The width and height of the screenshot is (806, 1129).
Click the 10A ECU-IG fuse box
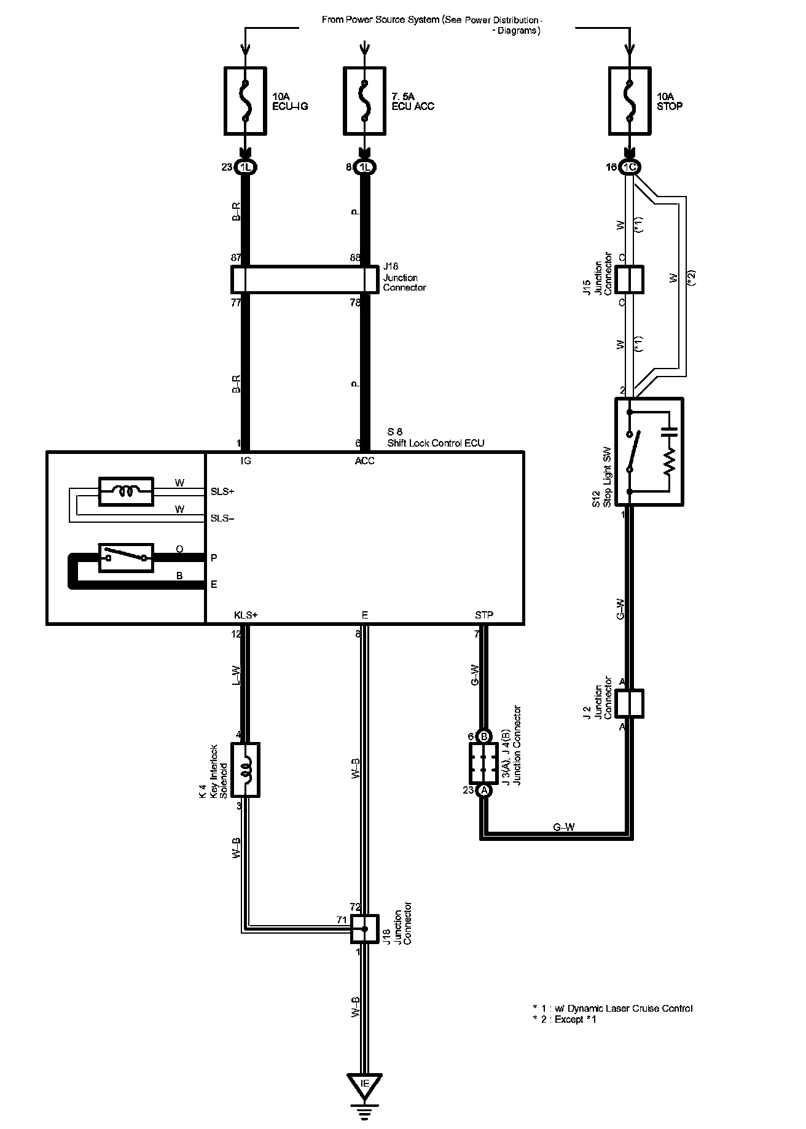246,100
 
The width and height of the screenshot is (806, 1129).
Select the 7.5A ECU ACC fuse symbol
365,100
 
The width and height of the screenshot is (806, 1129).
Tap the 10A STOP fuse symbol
628,100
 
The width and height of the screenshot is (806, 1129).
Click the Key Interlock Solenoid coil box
246,770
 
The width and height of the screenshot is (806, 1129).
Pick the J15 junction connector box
629,280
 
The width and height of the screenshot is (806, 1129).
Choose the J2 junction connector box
629,703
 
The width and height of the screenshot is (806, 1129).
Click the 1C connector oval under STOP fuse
629,167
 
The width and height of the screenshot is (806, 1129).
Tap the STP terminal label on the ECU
484,615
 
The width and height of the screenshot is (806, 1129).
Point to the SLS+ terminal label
222,491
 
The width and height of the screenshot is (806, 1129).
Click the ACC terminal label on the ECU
365,461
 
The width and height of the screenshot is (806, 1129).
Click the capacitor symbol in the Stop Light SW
670,428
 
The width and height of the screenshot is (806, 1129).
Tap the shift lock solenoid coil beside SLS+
126,491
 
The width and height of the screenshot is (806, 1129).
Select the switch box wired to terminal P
126,558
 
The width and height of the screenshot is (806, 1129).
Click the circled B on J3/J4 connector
484,736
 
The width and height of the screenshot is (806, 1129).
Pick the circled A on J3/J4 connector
484,791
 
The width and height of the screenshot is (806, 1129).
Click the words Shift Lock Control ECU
436,443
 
